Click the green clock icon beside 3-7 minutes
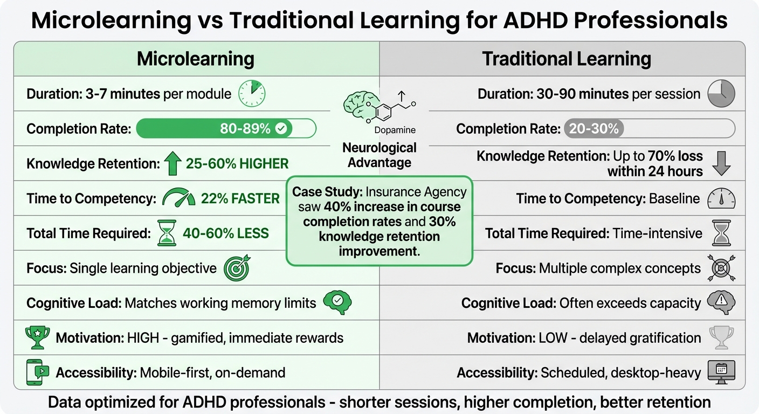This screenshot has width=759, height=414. [252, 94]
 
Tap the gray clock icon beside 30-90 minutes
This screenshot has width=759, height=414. [721, 94]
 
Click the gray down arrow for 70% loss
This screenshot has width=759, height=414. [721, 163]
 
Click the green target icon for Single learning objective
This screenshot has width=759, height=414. [237, 268]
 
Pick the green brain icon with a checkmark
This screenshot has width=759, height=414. [337, 302]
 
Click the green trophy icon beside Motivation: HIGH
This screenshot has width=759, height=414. [38, 337]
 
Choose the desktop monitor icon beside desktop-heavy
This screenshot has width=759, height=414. [721, 371]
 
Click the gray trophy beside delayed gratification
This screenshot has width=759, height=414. [721, 337]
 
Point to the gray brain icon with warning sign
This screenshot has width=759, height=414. [721, 302]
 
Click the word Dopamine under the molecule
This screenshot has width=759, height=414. [395, 130]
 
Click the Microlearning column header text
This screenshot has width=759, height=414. [195, 59]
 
